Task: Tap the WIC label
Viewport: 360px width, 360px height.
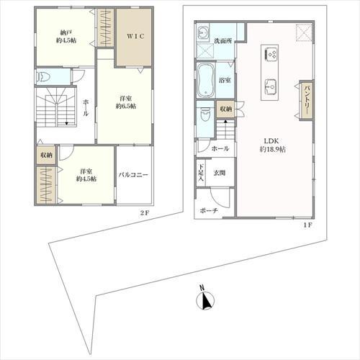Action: (x=135, y=36)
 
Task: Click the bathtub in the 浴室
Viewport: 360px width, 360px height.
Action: (x=206, y=81)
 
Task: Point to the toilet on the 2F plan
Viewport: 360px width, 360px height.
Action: (x=43, y=77)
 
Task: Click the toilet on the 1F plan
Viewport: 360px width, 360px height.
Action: (x=205, y=114)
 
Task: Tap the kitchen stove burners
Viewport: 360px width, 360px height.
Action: (x=271, y=54)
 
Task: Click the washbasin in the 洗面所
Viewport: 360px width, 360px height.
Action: (x=203, y=32)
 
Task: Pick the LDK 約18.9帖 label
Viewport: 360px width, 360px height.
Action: (x=273, y=145)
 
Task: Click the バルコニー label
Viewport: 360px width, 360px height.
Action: (x=133, y=175)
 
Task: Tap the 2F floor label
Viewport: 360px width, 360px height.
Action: (x=145, y=212)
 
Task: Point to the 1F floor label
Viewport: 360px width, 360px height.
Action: (x=307, y=225)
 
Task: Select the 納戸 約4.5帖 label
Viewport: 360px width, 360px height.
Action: (x=66, y=37)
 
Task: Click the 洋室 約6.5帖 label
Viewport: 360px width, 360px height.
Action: (x=126, y=102)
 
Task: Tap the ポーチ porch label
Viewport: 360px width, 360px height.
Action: (x=209, y=211)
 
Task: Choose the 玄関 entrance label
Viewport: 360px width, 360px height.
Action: (x=220, y=173)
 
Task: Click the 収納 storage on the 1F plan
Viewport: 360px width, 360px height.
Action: (x=225, y=109)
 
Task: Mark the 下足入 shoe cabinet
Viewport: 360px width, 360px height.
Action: (x=201, y=172)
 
